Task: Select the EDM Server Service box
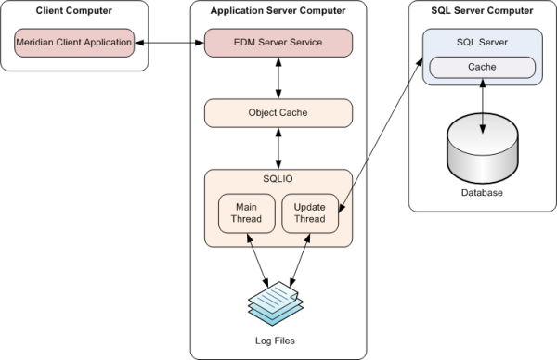coord(278,42)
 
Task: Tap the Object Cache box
coord(278,113)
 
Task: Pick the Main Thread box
coord(245,212)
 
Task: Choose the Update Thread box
coord(309,212)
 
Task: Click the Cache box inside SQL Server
coord(481,68)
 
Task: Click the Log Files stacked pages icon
coord(278,303)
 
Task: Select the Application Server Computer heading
coord(278,10)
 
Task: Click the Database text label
coord(481,193)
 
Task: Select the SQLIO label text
coord(278,179)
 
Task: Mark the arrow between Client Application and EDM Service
coord(171,42)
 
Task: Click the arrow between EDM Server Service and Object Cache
coord(278,78)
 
